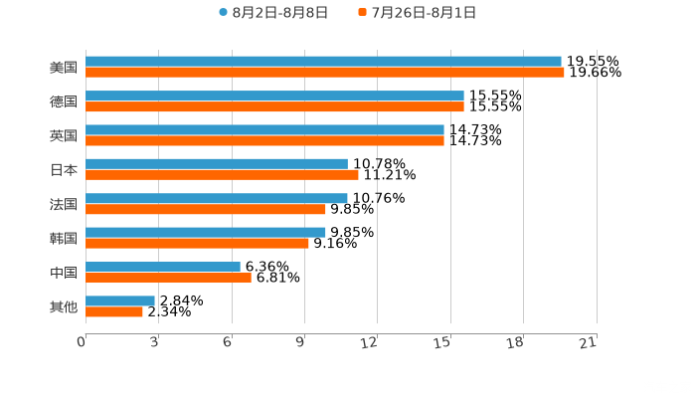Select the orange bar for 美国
[x=325, y=73]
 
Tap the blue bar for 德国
[x=274, y=96]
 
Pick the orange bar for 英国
[x=264, y=140]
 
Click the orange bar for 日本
[x=222, y=175]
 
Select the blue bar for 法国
[x=217, y=198]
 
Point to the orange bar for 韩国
[x=197, y=243]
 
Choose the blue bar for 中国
[x=163, y=267]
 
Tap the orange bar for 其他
[x=114, y=311]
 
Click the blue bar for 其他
[x=120, y=300]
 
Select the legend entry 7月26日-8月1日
[x=424, y=13]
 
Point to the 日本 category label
[x=64, y=169]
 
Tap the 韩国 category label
[x=64, y=238]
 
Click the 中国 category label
[x=64, y=273]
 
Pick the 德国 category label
[x=64, y=101]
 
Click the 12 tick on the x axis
[x=370, y=342]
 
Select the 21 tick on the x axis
[x=589, y=342]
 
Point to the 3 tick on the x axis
[x=154, y=342]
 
